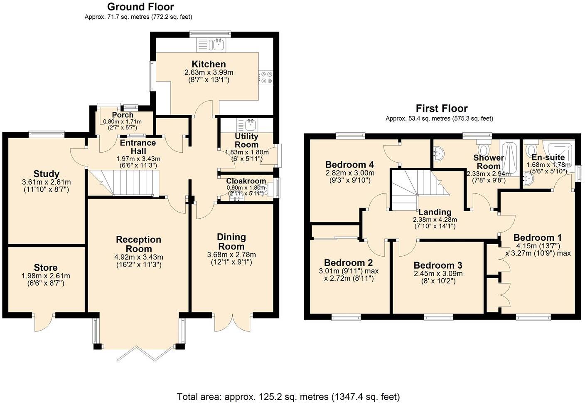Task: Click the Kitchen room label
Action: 209,64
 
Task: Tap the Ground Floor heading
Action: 140,7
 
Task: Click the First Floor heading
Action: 442,109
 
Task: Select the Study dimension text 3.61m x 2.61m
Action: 46,182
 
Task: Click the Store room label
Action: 46,267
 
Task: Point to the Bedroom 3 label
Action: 438,265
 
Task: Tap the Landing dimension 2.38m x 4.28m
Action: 435,220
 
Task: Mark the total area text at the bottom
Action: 288,396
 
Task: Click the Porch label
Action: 123,115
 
